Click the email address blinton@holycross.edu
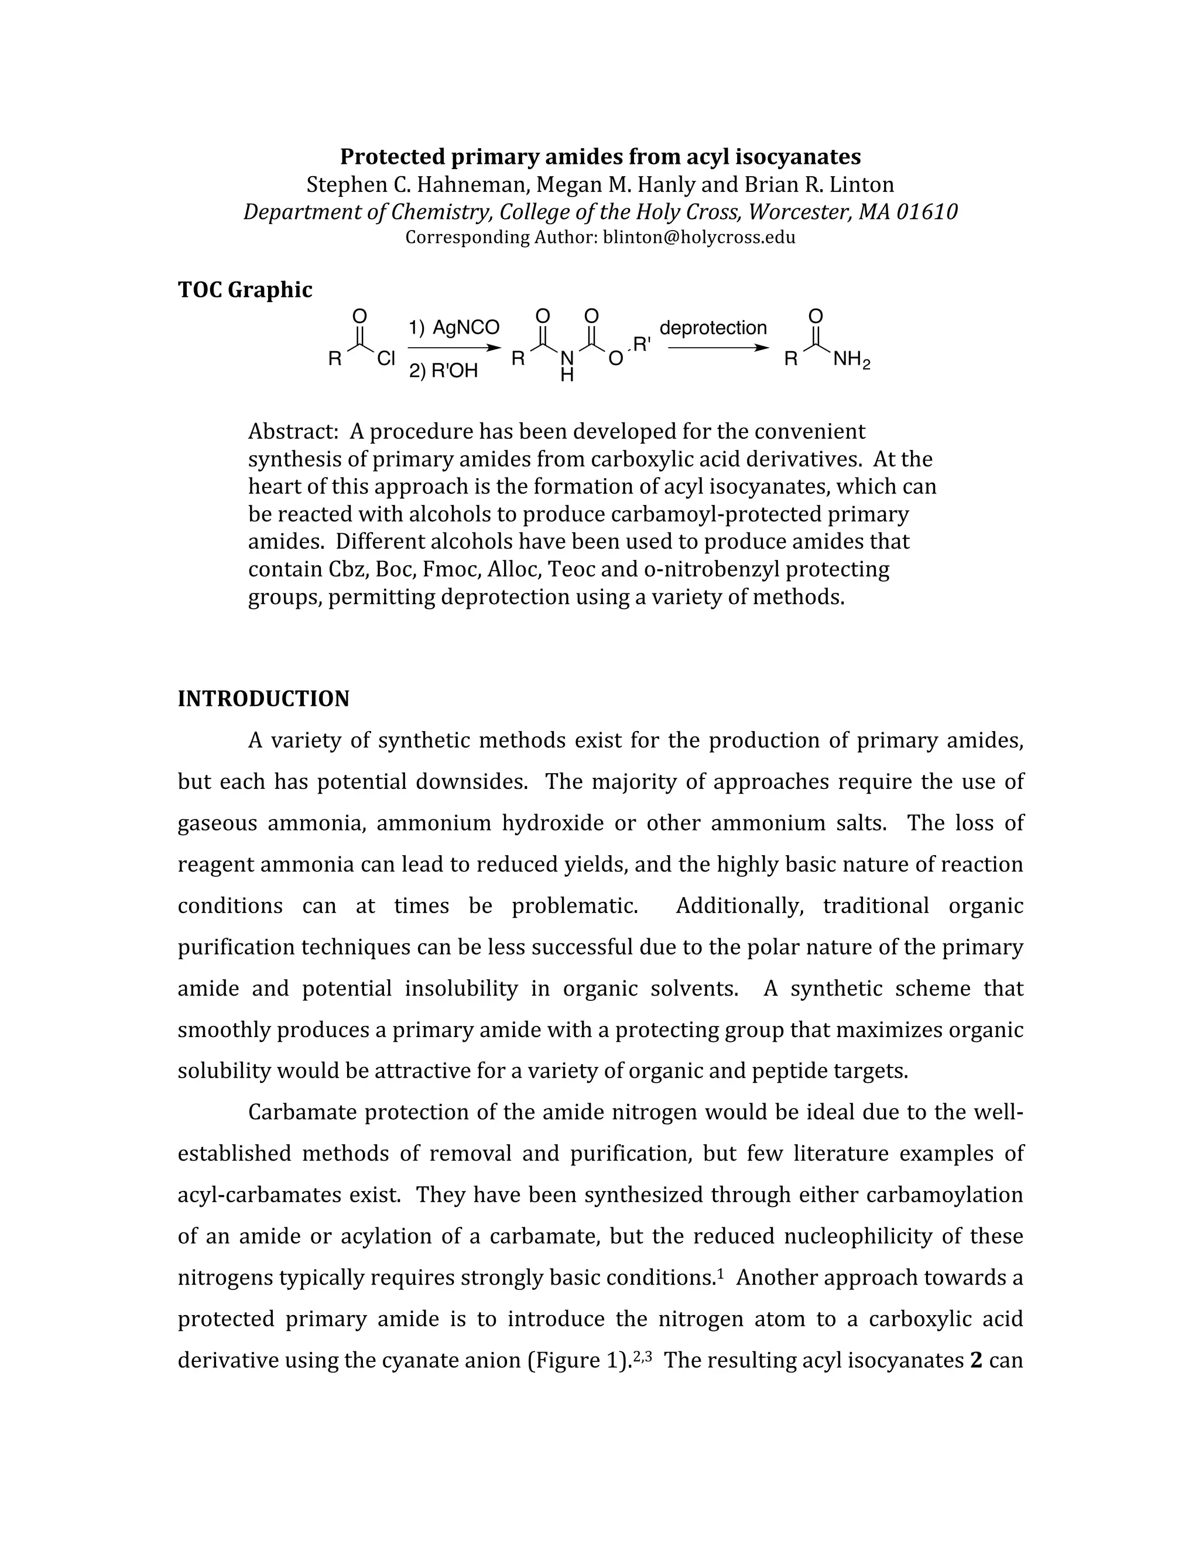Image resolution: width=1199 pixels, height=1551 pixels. [699, 237]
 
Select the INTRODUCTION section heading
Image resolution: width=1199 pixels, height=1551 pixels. [263, 699]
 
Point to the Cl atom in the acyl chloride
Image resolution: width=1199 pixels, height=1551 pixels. [386, 359]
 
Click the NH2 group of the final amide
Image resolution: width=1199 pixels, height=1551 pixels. [851, 360]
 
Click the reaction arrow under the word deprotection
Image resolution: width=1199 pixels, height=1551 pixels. [717, 348]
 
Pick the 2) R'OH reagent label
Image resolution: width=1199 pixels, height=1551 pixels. [443, 370]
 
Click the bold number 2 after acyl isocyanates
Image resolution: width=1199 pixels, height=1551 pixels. [976, 1361]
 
